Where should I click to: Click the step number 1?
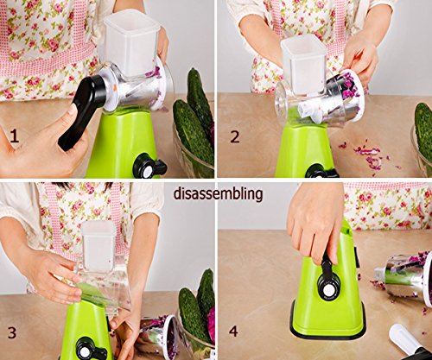pos(14,136)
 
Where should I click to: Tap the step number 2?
pos(235,136)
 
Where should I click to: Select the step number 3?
pos(12,332)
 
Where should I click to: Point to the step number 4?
pos(233,332)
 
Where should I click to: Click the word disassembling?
pos(218,194)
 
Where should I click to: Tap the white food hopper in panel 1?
pos(131,41)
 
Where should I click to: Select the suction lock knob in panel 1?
pos(149,166)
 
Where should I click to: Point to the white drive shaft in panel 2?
pos(308,111)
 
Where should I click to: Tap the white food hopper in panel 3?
pos(98,244)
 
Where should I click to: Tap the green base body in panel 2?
pos(302,149)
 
